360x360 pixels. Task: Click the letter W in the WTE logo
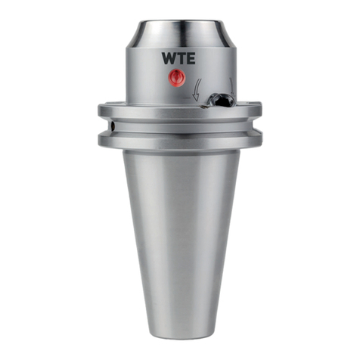coord(169,58)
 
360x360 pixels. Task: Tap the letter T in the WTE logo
coord(182,58)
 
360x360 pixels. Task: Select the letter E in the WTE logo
coord(191,58)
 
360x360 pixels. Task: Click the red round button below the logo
coord(177,77)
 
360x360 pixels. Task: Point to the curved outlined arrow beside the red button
coord(197,90)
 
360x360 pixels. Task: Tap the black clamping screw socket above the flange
coord(222,101)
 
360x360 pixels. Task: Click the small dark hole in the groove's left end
coord(113,125)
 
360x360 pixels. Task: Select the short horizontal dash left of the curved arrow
coord(186,98)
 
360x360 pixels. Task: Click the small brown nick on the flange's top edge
coord(204,107)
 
